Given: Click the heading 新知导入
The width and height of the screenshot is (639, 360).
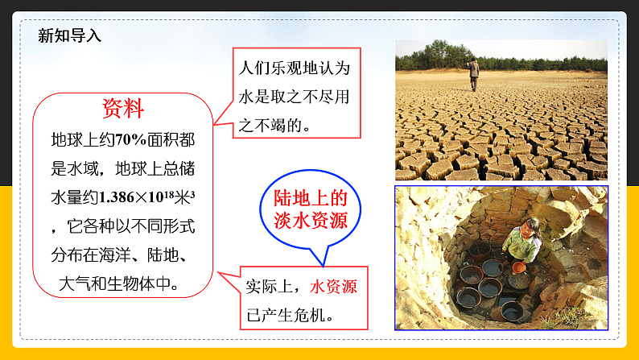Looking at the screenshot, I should (x=70, y=35).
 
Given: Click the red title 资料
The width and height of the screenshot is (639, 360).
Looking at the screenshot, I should (x=123, y=108).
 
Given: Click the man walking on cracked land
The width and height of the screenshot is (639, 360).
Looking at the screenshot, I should (x=474, y=74).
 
